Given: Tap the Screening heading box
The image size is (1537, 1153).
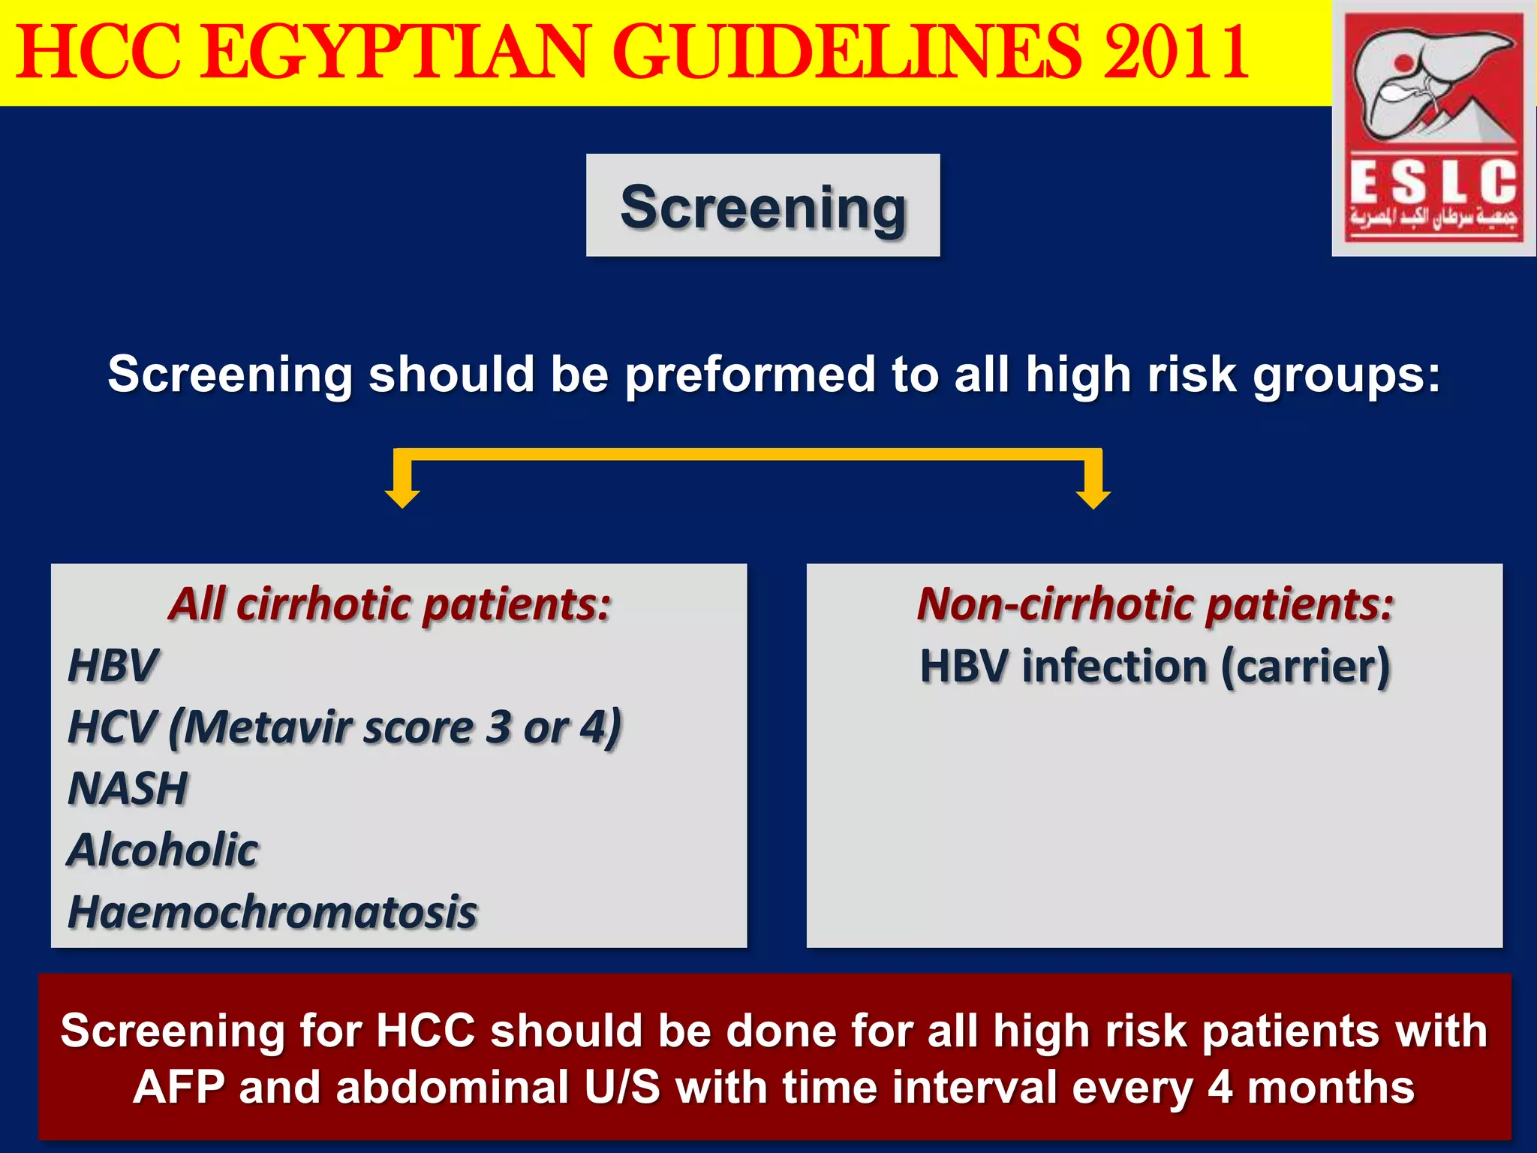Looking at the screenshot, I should click(762, 206).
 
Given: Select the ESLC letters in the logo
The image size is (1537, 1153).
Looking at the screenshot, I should click(1433, 182).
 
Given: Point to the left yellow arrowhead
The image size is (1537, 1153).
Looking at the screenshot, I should click(402, 497).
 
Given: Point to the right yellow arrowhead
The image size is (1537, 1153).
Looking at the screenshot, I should click(1093, 497).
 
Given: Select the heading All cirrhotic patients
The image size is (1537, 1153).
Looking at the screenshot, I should click(390, 604).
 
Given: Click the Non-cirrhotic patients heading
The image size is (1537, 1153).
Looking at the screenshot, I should click(1155, 604).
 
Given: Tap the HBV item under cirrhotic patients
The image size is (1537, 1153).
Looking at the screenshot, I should click(113, 665).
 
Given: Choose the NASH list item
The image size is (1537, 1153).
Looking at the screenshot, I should click(128, 789).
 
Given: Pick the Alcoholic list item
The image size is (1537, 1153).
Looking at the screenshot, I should click(163, 850).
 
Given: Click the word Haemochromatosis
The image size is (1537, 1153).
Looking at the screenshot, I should click(272, 912).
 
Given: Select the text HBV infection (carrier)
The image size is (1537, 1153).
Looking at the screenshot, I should click(1155, 667).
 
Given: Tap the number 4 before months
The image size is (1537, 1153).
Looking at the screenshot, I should click(1220, 1088).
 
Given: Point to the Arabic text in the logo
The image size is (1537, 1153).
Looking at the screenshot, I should click(1433, 218).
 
